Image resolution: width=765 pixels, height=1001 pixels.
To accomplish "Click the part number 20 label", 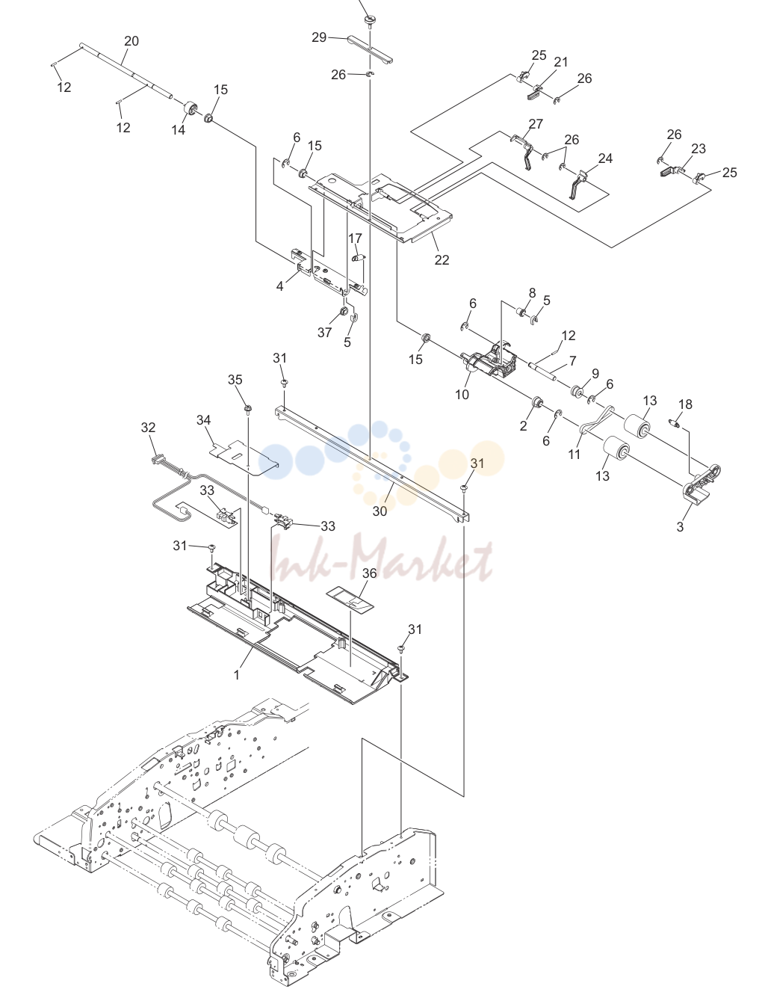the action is tap(131, 41).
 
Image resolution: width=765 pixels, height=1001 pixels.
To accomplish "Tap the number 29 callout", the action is tap(319, 37).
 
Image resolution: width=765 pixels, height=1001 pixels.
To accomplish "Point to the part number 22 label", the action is tap(442, 259).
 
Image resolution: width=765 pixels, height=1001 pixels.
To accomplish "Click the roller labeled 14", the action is tap(190, 110).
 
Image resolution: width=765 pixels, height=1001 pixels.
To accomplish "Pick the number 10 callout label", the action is tap(462, 395).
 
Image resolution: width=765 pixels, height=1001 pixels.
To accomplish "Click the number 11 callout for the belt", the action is tap(574, 455).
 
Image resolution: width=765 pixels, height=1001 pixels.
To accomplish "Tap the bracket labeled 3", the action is tap(702, 484).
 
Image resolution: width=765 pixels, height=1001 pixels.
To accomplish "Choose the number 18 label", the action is tap(685, 404).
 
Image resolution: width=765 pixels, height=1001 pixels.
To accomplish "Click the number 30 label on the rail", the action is tap(380, 511).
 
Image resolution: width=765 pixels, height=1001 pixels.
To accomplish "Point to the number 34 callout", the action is tap(204, 419).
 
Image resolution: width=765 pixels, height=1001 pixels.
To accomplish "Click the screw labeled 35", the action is tap(248, 408).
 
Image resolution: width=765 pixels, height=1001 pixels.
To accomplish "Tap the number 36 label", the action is tap(369, 573).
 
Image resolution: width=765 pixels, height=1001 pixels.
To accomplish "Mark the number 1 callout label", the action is tap(237, 674).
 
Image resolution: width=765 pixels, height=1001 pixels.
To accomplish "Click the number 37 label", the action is tap(324, 333).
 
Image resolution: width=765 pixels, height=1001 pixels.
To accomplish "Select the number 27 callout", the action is tap(536, 124).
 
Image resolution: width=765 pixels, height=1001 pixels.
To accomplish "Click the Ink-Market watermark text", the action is tap(381, 558).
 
